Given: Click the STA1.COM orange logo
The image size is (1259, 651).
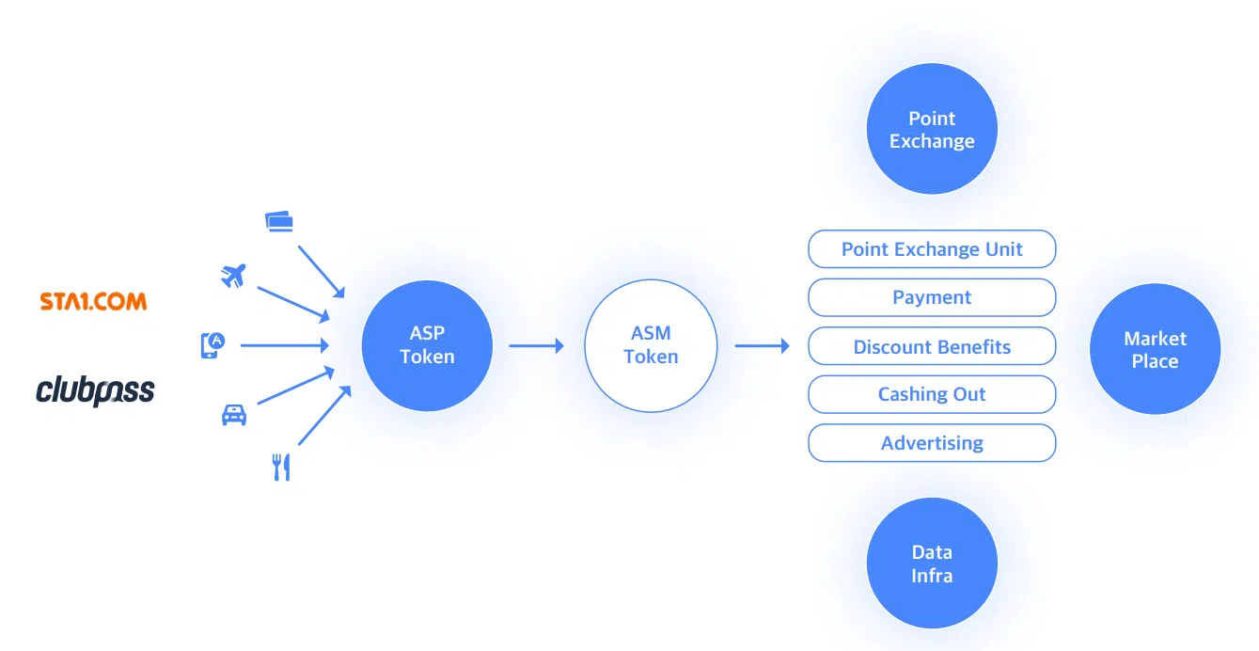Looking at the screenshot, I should click(x=93, y=302).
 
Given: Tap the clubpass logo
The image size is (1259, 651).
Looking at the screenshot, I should click(x=95, y=390).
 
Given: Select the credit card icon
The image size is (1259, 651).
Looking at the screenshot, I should click(x=279, y=221).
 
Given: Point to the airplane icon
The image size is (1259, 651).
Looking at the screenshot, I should click(x=232, y=276).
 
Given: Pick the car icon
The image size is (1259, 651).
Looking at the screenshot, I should click(x=234, y=414).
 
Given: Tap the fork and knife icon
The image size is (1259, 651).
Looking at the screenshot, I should click(x=281, y=467).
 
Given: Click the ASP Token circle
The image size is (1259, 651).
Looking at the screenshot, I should click(x=427, y=345).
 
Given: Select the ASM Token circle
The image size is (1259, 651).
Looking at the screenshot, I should click(x=651, y=345).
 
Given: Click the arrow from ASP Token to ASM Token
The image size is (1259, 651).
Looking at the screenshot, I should click(x=536, y=345).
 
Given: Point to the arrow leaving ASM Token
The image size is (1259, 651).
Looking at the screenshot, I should click(x=762, y=345).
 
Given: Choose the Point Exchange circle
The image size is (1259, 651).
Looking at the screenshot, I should click(x=932, y=130).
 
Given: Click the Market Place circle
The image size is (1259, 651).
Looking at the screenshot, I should click(x=1155, y=349).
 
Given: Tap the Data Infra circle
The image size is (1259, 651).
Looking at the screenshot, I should click(x=932, y=564).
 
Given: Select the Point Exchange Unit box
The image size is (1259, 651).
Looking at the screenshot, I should click(x=932, y=249).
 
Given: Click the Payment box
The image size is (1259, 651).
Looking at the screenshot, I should click(x=932, y=297).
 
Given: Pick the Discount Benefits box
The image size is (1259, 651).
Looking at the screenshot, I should click(x=932, y=346).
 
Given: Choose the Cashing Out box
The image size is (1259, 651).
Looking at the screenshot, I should click(x=932, y=394).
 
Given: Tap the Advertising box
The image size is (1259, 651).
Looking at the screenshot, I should click(x=932, y=443).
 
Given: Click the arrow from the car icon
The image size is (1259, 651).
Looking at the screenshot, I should click(x=295, y=387).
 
